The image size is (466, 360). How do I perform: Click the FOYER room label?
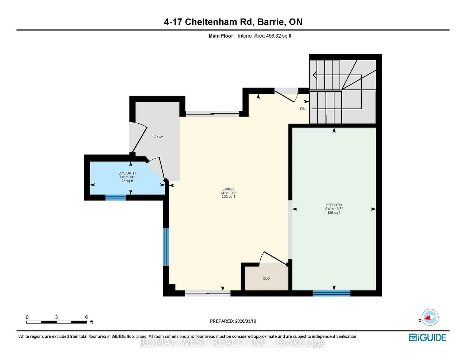point(157,136)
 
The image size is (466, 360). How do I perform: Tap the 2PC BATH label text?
point(127,173)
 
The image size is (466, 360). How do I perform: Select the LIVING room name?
point(228,189)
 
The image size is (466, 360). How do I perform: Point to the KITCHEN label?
point(334,205)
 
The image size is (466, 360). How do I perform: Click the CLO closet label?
point(266,279)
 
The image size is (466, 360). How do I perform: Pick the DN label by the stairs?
point(303,109)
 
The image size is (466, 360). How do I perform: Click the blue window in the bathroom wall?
point(115,197)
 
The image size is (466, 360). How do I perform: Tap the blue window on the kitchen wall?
point(332,293)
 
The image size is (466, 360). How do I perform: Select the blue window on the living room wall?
point(166,247)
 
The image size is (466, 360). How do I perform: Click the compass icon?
point(430,317)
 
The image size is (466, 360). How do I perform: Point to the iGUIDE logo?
point(428,338)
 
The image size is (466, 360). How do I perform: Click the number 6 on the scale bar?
point(86,317)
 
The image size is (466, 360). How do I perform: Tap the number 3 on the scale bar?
point(56,317)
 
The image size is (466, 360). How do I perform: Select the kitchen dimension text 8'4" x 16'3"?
point(334,209)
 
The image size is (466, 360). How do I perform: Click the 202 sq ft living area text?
point(228,197)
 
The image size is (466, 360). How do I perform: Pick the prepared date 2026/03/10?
point(246,321)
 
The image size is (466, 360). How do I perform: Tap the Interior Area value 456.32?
point(274,36)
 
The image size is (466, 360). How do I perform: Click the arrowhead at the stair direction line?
point(315,75)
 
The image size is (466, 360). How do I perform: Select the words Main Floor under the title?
point(221,36)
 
